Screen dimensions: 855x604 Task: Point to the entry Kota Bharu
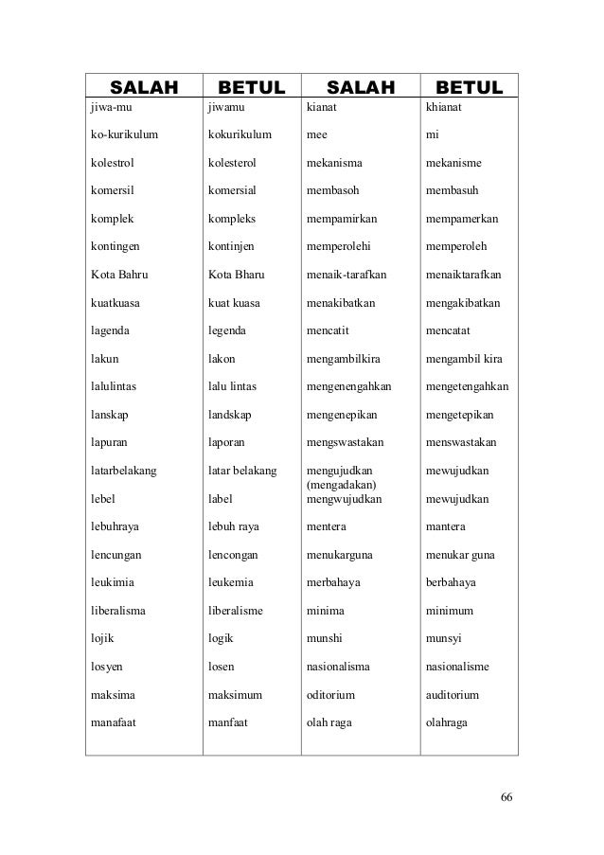click(234, 276)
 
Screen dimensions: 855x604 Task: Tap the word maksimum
click(235, 695)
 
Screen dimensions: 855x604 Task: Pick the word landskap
click(233, 416)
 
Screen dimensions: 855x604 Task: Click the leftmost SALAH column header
click(145, 89)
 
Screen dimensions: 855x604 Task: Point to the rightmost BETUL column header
click(463, 89)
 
